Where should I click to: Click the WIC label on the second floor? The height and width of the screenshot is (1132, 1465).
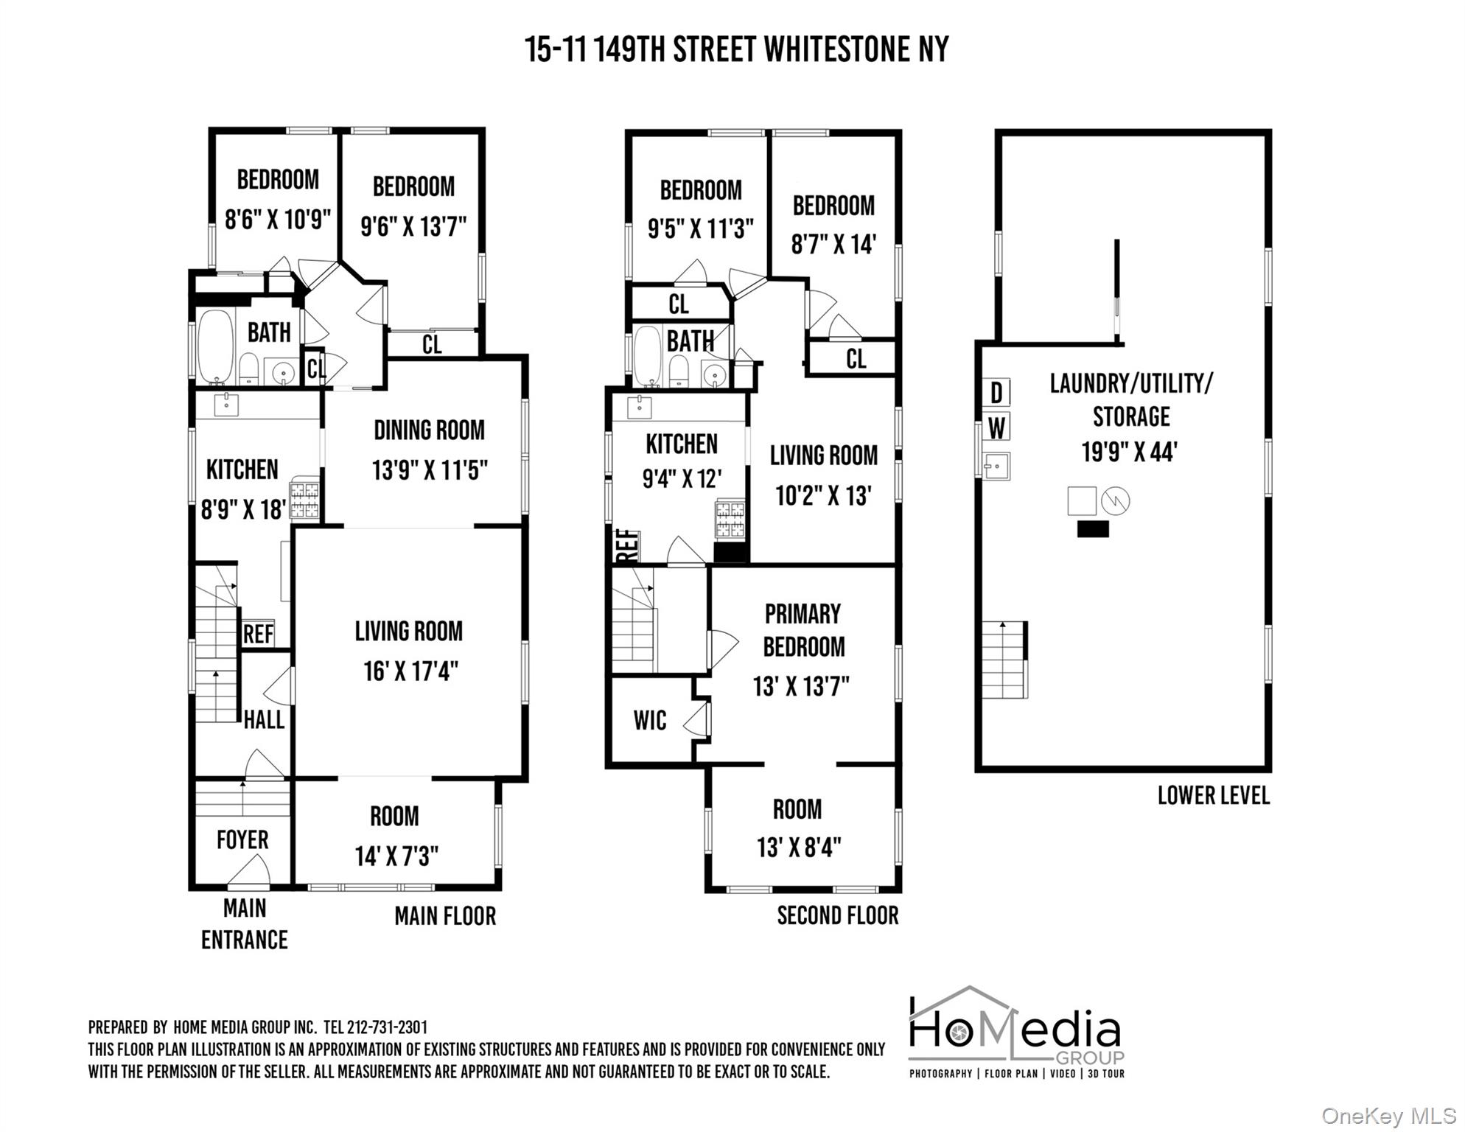[649, 720]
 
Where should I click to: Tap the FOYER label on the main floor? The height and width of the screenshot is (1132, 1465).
[242, 839]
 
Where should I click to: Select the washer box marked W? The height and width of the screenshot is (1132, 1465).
[996, 427]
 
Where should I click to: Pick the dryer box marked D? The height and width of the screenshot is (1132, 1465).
[996, 393]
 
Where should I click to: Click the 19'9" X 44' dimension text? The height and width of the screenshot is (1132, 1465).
[1129, 452]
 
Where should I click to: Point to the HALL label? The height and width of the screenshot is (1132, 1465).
[264, 719]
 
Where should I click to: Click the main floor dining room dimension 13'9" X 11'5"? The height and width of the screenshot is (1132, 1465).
[430, 470]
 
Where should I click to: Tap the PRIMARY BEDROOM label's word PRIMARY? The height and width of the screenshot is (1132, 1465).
[803, 613]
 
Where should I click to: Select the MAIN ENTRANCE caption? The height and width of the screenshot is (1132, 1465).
[245, 923]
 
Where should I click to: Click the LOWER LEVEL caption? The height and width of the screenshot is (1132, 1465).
[1214, 795]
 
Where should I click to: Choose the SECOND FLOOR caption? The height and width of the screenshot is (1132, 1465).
[838, 915]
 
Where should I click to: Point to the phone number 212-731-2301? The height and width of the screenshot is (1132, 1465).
[387, 1027]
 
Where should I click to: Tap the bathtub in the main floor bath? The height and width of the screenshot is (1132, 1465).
[214, 347]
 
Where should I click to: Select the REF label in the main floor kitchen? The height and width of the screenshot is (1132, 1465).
[258, 634]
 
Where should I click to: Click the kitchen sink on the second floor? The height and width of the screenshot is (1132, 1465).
[638, 405]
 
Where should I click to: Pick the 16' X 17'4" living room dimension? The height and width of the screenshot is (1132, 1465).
[410, 671]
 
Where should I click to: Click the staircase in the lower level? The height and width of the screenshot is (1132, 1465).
[1004, 660]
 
